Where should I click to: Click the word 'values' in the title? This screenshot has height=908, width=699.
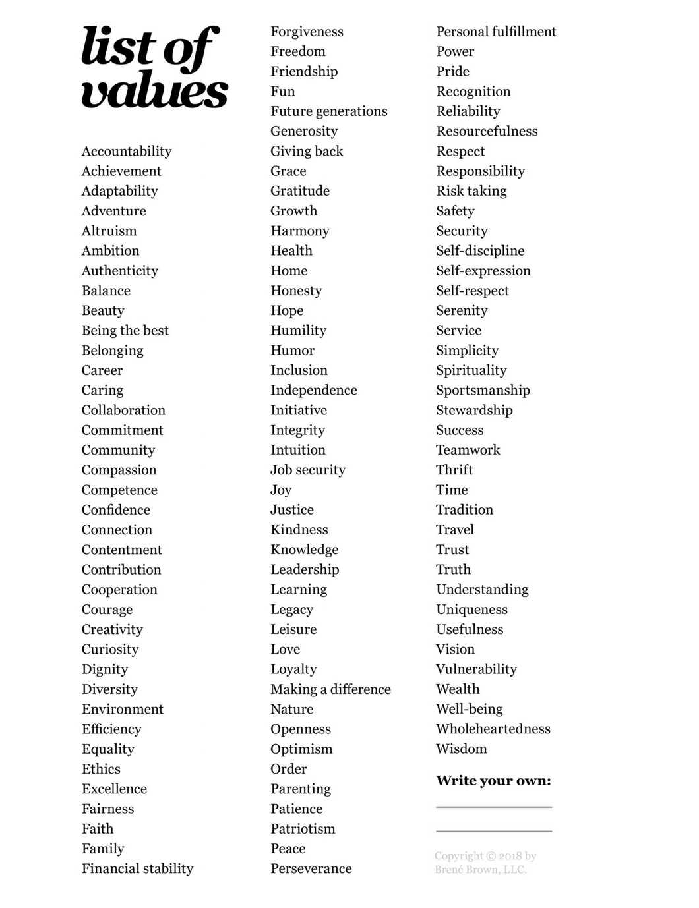[154, 92]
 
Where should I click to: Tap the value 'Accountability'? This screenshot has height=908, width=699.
[127, 152]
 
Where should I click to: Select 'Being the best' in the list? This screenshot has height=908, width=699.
[125, 331]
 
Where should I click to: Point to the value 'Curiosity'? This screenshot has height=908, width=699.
[110, 650]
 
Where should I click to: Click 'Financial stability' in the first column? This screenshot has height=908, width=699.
[137, 868]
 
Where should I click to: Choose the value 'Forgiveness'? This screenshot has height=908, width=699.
[307, 32]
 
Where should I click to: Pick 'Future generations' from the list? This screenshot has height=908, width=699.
[328, 111]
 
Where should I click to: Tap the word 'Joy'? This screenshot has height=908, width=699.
[281, 490]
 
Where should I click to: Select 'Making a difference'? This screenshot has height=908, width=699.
[330, 689]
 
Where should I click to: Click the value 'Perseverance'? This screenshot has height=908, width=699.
[311, 868]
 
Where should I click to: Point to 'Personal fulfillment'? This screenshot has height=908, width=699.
[496, 32]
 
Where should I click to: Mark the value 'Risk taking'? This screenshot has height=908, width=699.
[471, 191]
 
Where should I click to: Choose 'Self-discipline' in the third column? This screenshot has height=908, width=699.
[480, 251]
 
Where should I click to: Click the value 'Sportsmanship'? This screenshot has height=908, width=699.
[483, 390]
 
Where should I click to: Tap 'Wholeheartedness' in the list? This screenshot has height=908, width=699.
[493, 729]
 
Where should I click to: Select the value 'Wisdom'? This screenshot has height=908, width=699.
[462, 749]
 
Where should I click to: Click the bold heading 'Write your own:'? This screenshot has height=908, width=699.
[493, 781]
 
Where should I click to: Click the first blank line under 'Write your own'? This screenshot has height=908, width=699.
[494, 806]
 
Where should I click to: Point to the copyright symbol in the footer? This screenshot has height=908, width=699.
[491, 856]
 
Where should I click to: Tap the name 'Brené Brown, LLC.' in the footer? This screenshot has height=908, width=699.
[480, 870]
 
